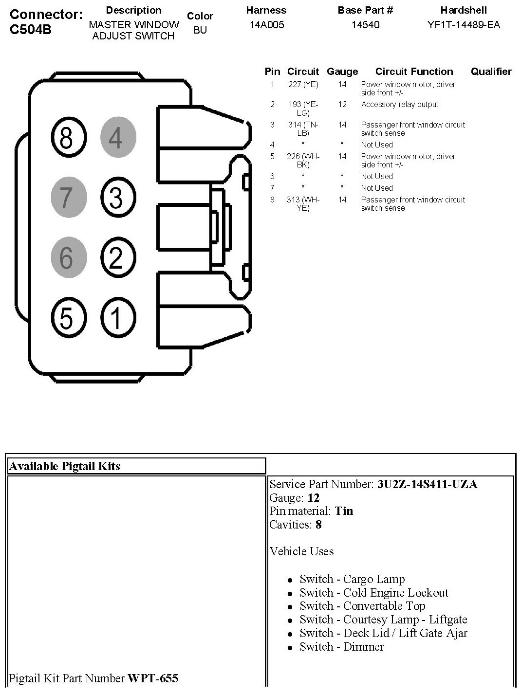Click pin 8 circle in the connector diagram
(66, 138)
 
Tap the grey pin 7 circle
(68, 197)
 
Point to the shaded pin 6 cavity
(68, 257)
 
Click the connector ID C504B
(31, 30)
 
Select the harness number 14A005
(266, 25)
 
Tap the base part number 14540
(365, 25)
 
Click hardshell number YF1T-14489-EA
(464, 25)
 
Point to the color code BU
(200, 30)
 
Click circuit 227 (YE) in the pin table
(303, 85)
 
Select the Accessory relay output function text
(400, 105)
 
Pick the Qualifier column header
(491, 72)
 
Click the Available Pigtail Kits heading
(65, 466)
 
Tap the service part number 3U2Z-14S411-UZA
(427, 484)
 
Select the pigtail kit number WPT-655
(152, 678)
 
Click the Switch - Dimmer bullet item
(341, 647)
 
